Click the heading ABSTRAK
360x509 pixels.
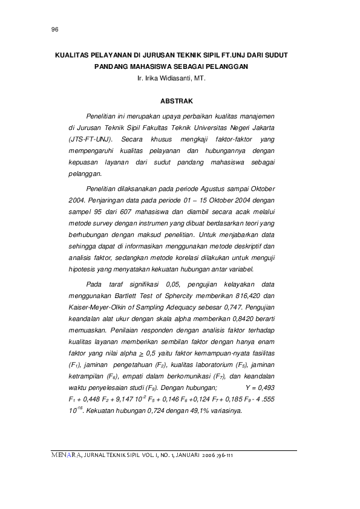(x=176, y=99)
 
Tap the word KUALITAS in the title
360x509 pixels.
(x=72, y=55)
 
